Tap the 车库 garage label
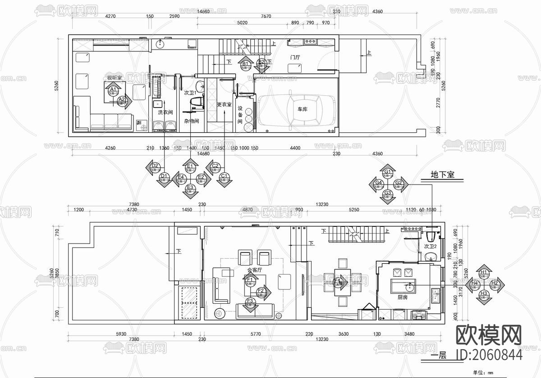tap(302, 109)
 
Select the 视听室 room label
tap(115, 78)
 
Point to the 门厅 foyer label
tap(295, 57)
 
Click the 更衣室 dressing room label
tap(224, 104)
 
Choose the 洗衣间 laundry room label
tap(165, 112)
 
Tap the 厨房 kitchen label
tap(403, 297)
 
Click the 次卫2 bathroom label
tap(431, 246)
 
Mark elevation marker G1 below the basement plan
tap(387, 172)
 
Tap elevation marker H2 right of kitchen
tap(494, 283)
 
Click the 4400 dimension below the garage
tap(295, 148)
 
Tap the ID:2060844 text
tap(490, 355)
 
